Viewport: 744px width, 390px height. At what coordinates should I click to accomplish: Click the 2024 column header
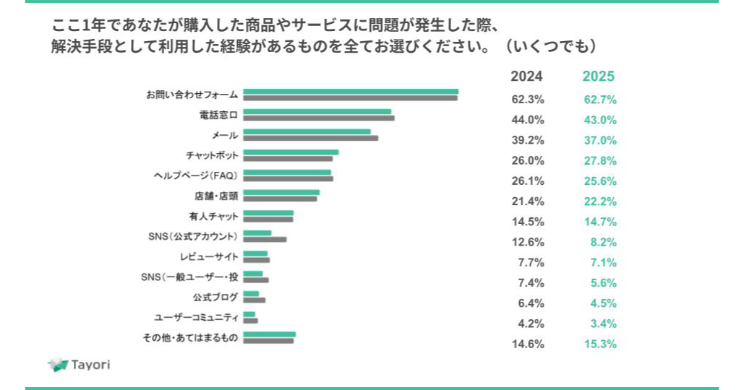tap(526, 77)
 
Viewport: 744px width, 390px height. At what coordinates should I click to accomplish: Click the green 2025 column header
tap(599, 77)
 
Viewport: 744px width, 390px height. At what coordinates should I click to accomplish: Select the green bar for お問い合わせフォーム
tap(351, 92)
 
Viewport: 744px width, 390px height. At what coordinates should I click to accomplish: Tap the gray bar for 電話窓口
tap(318, 118)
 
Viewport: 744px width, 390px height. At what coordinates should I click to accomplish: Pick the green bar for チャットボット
tap(291, 152)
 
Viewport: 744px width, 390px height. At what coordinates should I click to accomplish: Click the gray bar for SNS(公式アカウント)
tap(265, 239)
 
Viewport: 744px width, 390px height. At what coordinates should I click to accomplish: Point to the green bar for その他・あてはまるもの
tap(269, 334)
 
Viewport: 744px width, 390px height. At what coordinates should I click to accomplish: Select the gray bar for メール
tap(310, 138)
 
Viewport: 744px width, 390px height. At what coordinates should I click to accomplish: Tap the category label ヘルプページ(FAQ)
tap(196, 175)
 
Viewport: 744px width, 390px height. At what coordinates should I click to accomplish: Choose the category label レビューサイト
tap(209, 256)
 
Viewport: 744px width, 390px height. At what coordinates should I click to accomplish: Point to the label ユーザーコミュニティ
tap(196, 317)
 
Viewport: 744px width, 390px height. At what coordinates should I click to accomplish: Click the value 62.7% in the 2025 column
tap(600, 100)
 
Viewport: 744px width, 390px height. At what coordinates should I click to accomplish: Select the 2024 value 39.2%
tap(527, 140)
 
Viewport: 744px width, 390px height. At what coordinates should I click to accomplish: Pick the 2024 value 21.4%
tap(527, 201)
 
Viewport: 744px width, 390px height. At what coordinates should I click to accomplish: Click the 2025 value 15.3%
tap(600, 344)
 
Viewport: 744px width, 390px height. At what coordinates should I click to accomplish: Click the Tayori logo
tap(79, 365)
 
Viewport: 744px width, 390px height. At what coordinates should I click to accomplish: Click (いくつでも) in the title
tap(550, 46)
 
